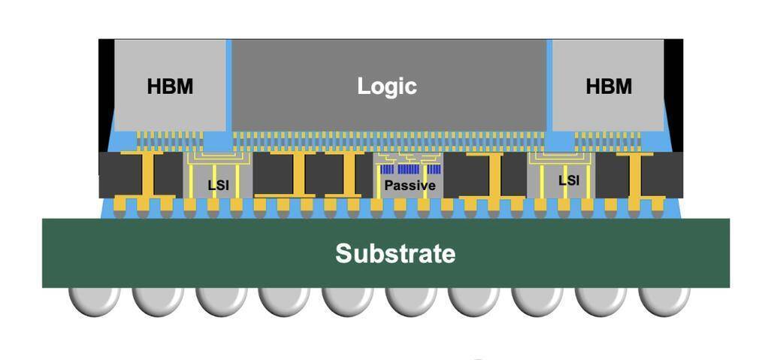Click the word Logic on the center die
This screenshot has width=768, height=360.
tap(386, 86)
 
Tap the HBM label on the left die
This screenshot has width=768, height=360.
tap(170, 86)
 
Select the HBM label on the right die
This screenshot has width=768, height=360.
tap(608, 86)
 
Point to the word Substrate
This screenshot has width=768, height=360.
tap(395, 253)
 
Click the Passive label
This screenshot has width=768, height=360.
tap(410, 186)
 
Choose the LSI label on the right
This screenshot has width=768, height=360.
tap(569, 180)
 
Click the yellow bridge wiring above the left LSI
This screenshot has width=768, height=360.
tap(218, 160)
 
